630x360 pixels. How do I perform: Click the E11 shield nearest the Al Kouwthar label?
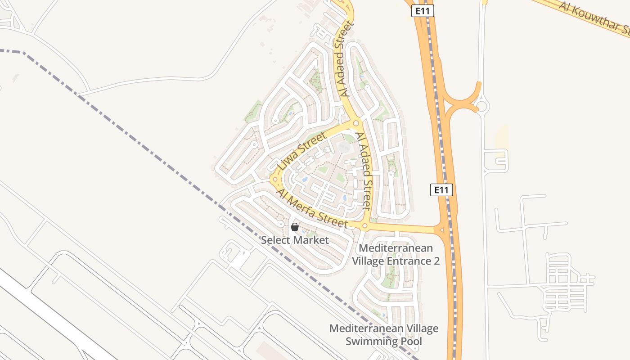423,11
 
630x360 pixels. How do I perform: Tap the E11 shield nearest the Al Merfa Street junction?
441,190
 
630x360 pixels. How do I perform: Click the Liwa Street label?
301,151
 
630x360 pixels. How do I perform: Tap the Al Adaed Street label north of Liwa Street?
345,58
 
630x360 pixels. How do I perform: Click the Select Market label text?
295,240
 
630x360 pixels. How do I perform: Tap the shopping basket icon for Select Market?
295,227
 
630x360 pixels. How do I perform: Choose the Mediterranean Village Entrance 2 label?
396,254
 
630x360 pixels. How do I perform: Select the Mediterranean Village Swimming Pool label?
384,335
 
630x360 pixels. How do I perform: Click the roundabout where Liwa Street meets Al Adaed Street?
356,123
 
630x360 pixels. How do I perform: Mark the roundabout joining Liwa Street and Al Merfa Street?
275,179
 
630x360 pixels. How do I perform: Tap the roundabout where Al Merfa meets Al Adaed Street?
365,226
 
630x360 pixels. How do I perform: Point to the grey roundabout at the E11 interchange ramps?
482,106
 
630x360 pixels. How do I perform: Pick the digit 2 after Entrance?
436,261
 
